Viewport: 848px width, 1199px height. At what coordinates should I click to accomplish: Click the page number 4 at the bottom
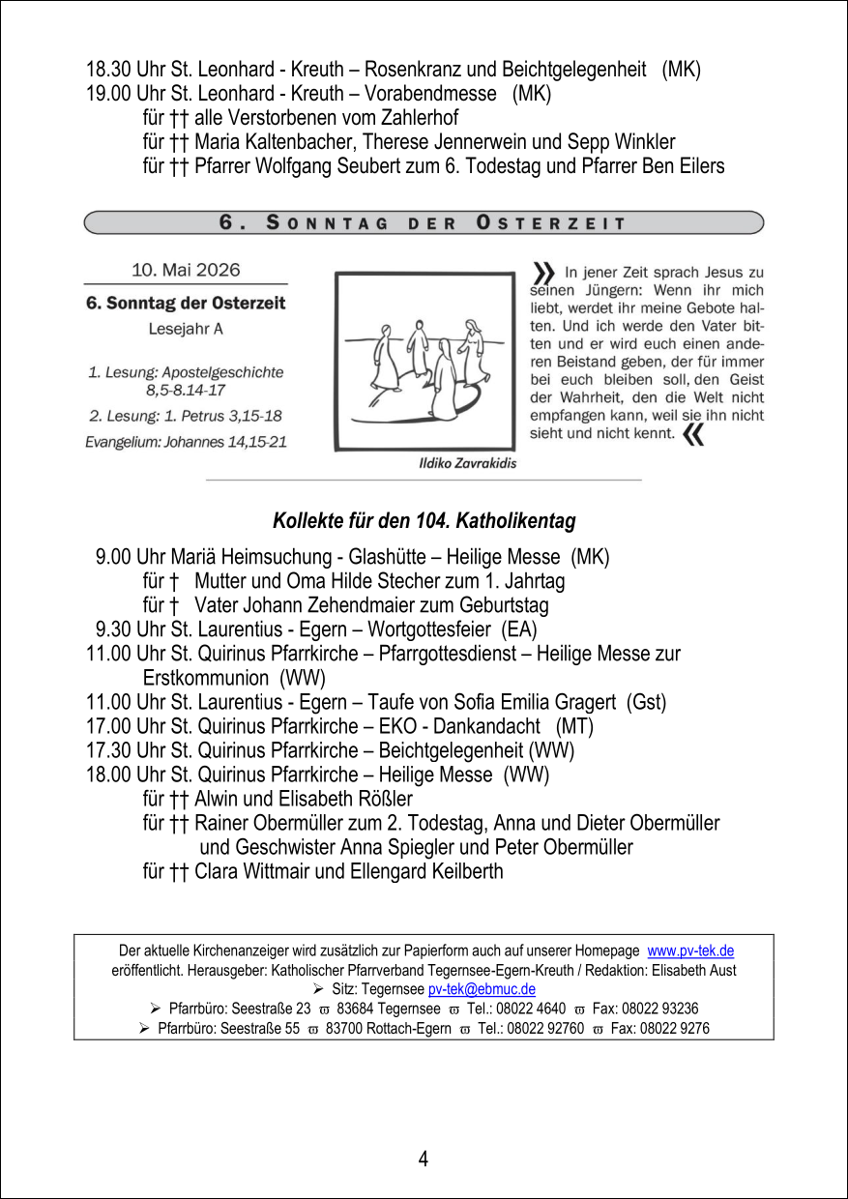pos(424,1158)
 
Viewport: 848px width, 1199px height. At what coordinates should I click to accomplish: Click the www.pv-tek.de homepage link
pos(690,951)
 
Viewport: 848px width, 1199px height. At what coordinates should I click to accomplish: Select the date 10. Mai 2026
pos(186,270)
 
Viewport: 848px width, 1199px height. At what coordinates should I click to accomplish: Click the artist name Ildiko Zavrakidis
pos(467,463)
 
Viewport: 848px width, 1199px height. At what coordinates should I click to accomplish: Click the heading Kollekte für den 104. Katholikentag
pos(424,521)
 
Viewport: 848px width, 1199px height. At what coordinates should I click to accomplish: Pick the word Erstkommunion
pos(206,678)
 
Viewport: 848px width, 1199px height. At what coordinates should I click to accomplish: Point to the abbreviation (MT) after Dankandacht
pos(574,726)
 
